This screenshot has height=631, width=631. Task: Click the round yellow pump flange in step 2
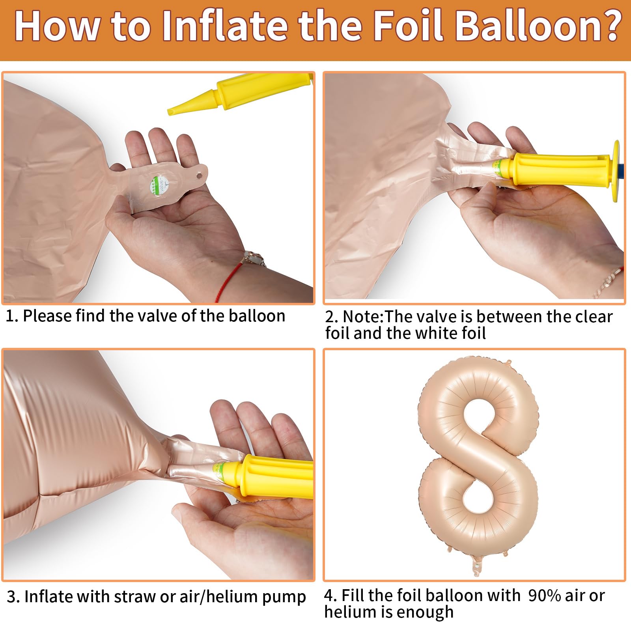coord(615,171)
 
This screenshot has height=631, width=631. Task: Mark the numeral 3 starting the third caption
coord(11,597)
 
